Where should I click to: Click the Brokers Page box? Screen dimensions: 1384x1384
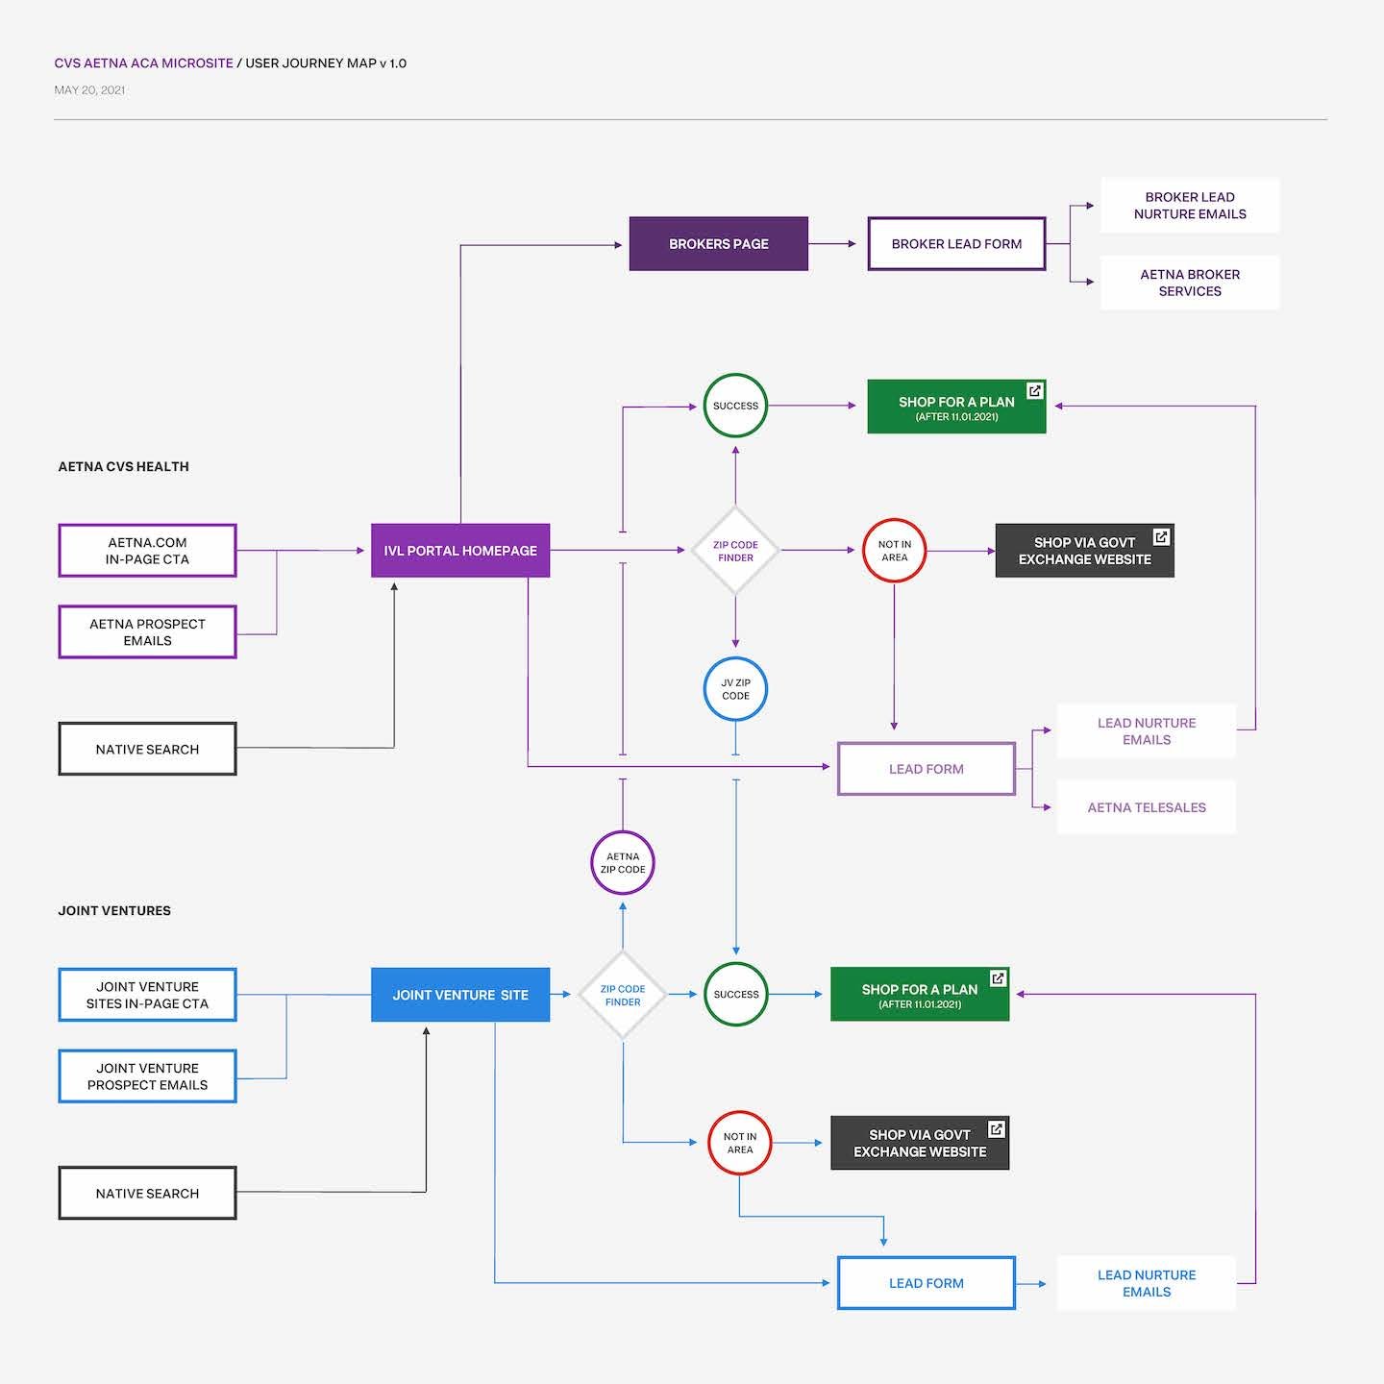pos(718,244)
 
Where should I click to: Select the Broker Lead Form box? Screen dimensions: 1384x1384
pos(956,244)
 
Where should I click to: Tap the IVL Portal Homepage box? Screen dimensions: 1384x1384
pos(460,551)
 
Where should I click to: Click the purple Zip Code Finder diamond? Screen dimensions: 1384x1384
pos(735,551)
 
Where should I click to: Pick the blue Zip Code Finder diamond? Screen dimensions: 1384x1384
pos(623,995)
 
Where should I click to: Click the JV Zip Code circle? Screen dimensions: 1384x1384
pos(735,689)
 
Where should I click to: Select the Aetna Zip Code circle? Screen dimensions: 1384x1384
pos(623,862)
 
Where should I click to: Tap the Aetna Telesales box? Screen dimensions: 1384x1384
pos(1146,807)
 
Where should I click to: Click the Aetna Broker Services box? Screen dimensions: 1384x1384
pos(1189,283)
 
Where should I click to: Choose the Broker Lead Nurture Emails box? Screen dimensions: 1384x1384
pos(1189,206)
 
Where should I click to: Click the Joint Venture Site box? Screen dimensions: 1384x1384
pos(460,995)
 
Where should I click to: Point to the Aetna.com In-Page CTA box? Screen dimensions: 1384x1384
pos(147,551)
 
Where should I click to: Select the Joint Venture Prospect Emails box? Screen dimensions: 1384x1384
pos(147,1076)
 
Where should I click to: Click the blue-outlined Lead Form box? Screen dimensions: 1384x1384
pos(926,1283)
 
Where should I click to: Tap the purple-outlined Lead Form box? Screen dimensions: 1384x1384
pos(926,769)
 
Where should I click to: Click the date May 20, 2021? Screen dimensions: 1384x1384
pos(89,90)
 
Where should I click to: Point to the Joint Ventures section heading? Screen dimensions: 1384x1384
pos(114,910)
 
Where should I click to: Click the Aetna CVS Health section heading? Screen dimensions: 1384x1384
pos(123,467)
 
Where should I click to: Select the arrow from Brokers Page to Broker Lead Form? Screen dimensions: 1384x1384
pos(832,244)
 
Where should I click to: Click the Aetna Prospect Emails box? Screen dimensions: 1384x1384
pos(147,632)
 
